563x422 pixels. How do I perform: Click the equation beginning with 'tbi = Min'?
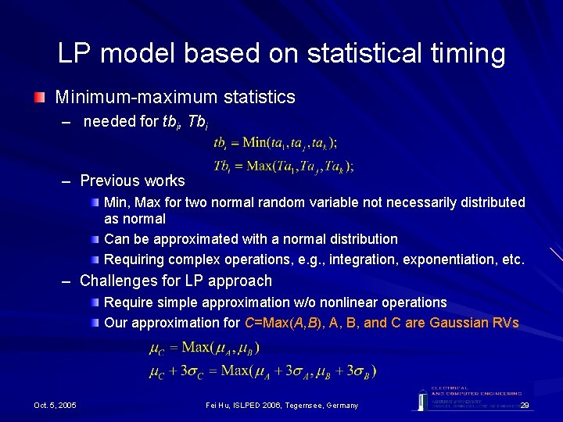click(x=275, y=143)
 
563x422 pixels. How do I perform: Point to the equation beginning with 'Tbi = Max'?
click(x=283, y=166)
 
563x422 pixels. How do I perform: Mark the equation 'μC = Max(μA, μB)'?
click(x=204, y=347)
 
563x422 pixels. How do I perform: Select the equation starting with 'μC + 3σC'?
click(x=262, y=370)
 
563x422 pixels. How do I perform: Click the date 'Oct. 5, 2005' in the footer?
click(x=55, y=405)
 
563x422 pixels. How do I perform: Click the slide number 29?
click(x=525, y=405)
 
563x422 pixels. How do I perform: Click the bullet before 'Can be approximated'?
click(x=95, y=239)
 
